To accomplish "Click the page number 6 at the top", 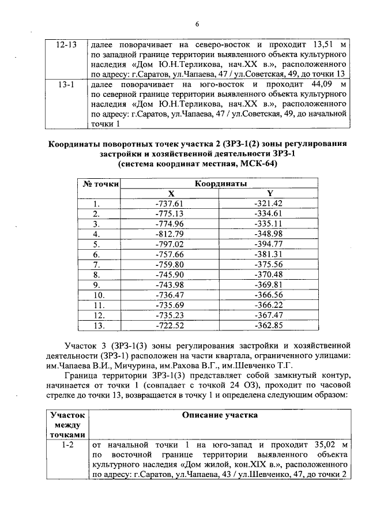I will tap(197, 24).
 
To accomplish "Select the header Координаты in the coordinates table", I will tap(220, 184).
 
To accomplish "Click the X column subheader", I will tap(170, 194).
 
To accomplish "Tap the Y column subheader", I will tap(269, 194).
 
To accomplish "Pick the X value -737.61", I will tap(170, 204).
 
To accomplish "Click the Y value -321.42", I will tap(269, 204).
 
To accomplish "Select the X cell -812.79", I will tap(170, 234).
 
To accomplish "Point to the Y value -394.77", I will tap(269, 244).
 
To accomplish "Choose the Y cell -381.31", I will tap(269, 254).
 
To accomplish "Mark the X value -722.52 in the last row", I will tap(170, 325).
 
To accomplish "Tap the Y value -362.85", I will tap(269, 325).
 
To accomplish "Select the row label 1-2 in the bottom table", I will tap(67, 445).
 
